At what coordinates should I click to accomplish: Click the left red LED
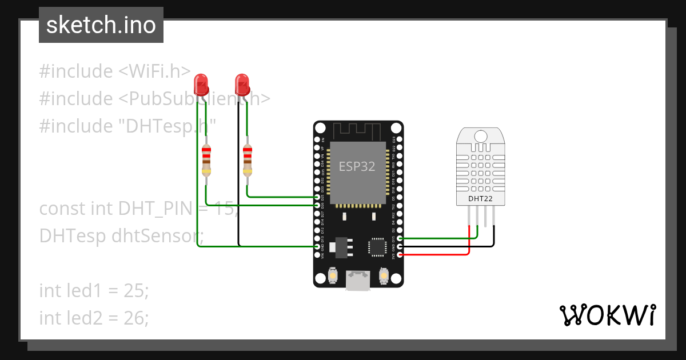(x=201, y=85)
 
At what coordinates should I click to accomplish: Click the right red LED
(x=242, y=85)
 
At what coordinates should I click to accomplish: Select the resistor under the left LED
(x=206, y=160)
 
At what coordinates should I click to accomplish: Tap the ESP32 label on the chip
(x=357, y=167)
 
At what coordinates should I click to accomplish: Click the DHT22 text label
(x=481, y=199)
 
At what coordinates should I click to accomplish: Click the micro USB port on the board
(x=358, y=281)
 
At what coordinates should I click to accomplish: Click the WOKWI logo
(x=607, y=315)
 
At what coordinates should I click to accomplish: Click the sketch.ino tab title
(x=101, y=25)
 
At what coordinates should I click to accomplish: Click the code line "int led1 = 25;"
(x=94, y=290)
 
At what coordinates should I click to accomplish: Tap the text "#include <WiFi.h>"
(x=114, y=71)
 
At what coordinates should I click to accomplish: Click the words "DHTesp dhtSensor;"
(x=121, y=235)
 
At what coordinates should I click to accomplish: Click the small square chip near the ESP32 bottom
(x=378, y=246)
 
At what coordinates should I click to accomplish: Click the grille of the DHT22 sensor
(x=481, y=166)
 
